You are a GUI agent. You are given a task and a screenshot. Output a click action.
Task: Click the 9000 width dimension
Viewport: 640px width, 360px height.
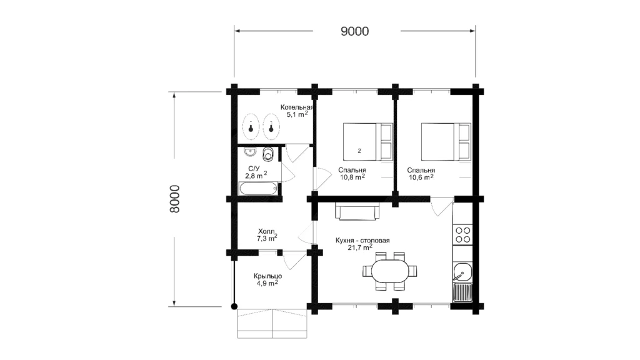click(355, 31)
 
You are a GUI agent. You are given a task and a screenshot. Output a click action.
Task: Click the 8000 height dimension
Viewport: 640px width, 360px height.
click(175, 199)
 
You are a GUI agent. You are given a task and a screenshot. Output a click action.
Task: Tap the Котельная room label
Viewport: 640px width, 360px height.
click(297, 107)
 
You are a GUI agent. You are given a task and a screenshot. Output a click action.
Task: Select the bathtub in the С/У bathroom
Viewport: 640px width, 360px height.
click(258, 189)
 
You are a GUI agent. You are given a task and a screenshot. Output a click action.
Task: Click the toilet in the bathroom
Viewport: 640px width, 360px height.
click(267, 154)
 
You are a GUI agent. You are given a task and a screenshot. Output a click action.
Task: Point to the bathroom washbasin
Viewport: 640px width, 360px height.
click(250, 152)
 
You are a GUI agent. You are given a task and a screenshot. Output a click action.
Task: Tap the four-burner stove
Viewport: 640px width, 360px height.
click(463, 235)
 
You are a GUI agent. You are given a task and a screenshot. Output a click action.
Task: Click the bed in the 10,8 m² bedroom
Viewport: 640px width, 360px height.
click(367, 142)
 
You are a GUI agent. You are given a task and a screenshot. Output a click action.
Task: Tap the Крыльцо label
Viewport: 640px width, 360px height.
click(267, 276)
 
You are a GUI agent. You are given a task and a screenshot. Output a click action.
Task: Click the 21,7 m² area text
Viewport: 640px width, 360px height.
click(360, 247)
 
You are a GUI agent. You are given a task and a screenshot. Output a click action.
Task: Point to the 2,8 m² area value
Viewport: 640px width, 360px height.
click(256, 176)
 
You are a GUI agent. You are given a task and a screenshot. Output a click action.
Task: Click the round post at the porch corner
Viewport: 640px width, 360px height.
click(234, 306)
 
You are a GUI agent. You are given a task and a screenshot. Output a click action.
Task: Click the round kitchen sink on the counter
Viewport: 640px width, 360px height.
click(462, 271)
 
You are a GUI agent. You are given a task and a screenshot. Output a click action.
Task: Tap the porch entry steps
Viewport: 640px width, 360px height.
click(272, 323)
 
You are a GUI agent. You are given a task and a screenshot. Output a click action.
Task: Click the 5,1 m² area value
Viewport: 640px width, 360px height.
click(297, 115)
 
